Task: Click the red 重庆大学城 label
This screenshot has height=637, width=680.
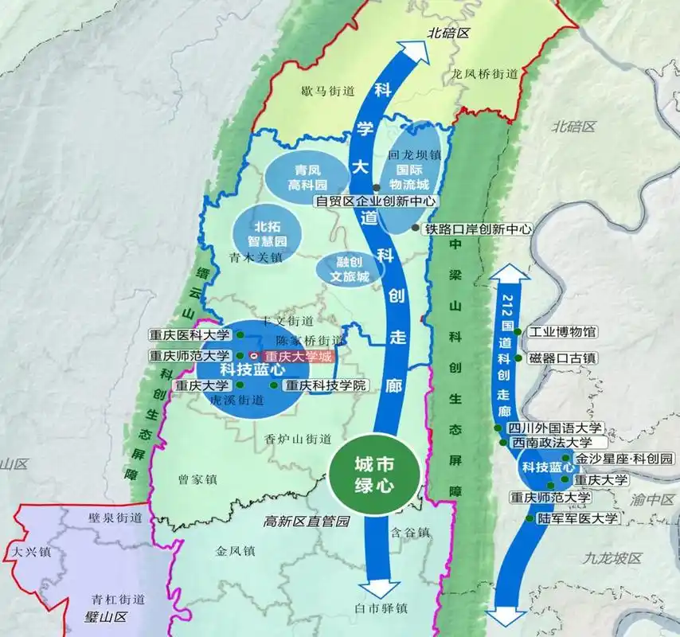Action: pyautogui.click(x=296, y=358)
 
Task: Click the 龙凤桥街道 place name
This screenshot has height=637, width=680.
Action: pyautogui.click(x=484, y=73)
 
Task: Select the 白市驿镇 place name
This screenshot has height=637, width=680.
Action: pyautogui.click(x=381, y=609)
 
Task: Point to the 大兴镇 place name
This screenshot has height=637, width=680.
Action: pyautogui.click(x=26, y=550)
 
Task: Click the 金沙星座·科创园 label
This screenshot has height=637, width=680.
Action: pyautogui.click(x=624, y=459)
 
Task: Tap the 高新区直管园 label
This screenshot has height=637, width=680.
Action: pyautogui.click(x=307, y=522)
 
